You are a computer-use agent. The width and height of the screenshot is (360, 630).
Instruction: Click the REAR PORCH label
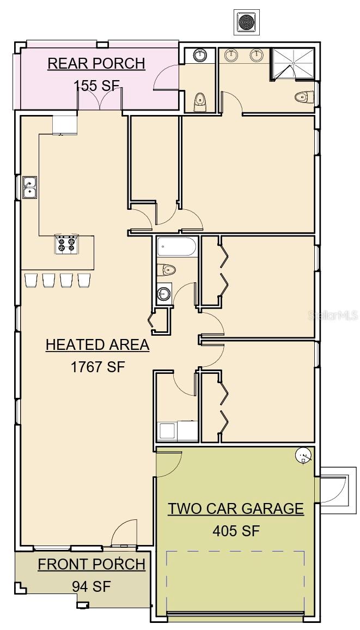[96, 63]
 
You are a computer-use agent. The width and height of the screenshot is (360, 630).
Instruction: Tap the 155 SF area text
[96, 85]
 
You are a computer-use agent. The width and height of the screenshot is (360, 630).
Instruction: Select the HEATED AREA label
[97, 344]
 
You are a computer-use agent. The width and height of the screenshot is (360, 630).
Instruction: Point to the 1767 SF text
[98, 367]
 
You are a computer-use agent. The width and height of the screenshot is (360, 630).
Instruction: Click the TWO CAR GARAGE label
[235, 508]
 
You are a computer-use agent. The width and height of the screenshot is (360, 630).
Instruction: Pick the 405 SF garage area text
[236, 530]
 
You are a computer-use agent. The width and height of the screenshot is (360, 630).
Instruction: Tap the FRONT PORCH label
[91, 564]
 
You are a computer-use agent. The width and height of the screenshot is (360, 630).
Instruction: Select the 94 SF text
[91, 586]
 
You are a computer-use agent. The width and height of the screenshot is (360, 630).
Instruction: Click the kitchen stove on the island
[66, 245]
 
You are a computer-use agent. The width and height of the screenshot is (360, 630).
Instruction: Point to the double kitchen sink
[29, 187]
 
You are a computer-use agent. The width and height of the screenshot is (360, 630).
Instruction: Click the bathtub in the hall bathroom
[176, 248]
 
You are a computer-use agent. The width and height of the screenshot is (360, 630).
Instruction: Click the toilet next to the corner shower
[304, 97]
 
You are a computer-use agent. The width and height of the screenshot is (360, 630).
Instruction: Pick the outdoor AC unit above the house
[247, 22]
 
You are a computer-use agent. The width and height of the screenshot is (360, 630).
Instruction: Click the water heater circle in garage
[303, 456]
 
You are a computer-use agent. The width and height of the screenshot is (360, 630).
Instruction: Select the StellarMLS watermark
[333, 315]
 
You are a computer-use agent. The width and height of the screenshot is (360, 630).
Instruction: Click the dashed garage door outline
[235, 580]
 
